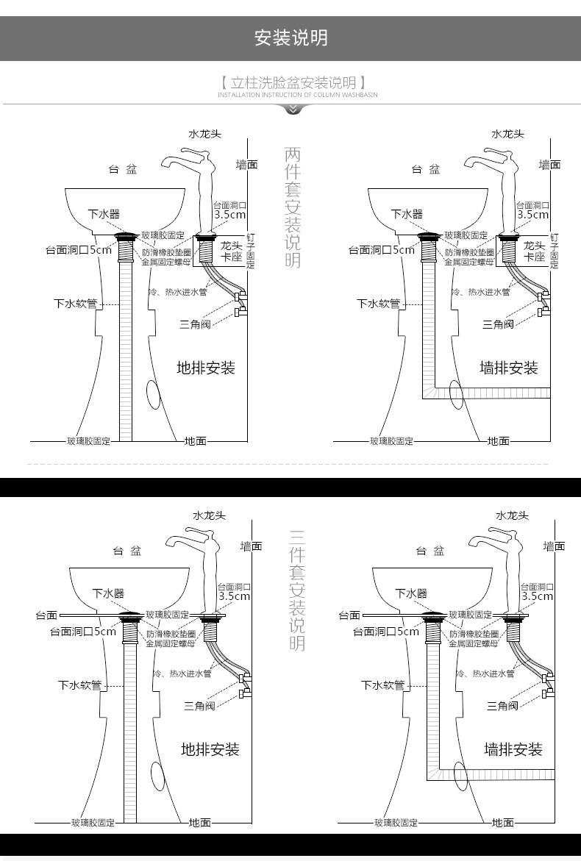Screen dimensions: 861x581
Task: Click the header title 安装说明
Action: (290, 37)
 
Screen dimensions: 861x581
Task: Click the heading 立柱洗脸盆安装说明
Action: (292, 82)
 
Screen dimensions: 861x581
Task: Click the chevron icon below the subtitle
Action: (293, 110)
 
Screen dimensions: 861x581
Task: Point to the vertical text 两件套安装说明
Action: (292, 207)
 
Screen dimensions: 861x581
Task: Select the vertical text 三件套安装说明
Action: (296, 589)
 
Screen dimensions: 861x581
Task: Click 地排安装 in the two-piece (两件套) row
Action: (205, 368)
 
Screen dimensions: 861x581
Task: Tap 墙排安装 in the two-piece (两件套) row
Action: (508, 368)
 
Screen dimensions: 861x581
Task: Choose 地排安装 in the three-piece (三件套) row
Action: (210, 749)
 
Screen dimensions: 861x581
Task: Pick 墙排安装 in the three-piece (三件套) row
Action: (513, 749)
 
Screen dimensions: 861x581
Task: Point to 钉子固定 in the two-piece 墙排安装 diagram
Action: (554, 251)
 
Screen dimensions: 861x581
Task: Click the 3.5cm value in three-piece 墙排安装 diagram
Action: (537, 596)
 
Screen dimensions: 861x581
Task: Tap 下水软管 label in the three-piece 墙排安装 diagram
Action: (382, 685)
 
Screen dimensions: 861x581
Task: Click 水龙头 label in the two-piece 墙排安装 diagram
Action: (507, 134)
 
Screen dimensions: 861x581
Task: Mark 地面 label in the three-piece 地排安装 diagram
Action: (200, 822)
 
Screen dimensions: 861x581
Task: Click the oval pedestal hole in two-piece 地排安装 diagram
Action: (153, 395)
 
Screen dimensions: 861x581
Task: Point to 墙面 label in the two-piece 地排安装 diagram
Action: (246, 165)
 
